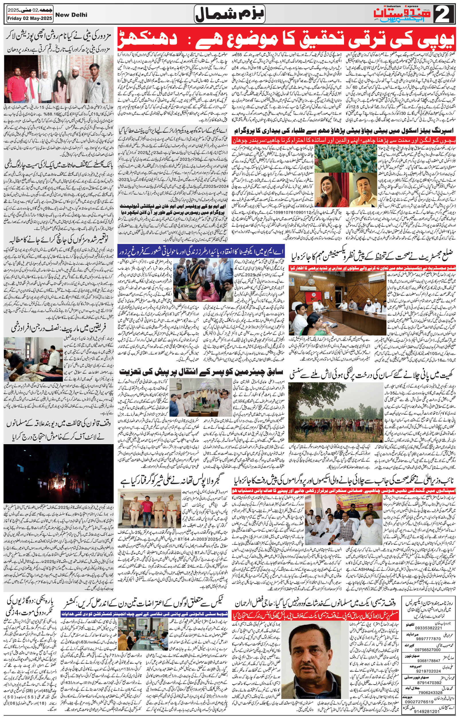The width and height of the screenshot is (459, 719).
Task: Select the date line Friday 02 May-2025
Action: click(x=29, y=18)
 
